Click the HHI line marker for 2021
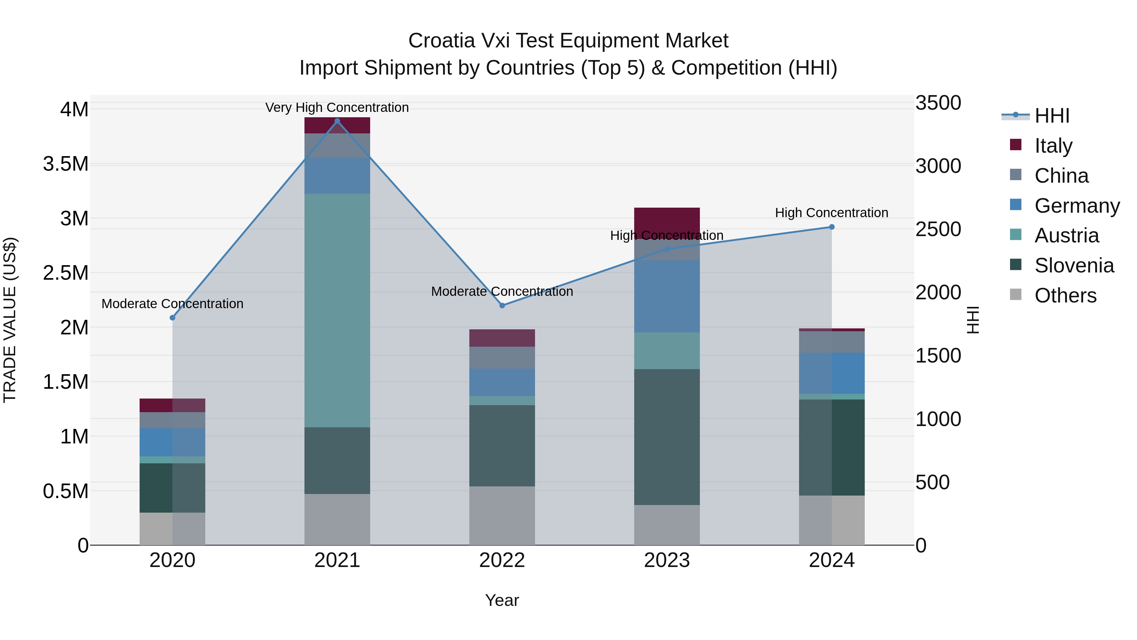pos(337,121)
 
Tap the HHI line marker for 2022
pos(502,306)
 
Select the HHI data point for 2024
pos(832,227)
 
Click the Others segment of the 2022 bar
pos(502,515)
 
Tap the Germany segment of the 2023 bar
pos(666,296)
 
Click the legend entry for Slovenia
pos(1074,265)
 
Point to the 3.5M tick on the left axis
pos(65,164)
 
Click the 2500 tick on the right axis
pos(938,229)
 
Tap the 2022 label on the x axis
pos(502,560)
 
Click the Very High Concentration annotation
pos(337,107)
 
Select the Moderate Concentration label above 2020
pos(172,304)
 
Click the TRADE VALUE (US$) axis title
pos(10,320)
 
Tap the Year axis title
pos(502,600)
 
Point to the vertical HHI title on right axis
pos(973,320)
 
